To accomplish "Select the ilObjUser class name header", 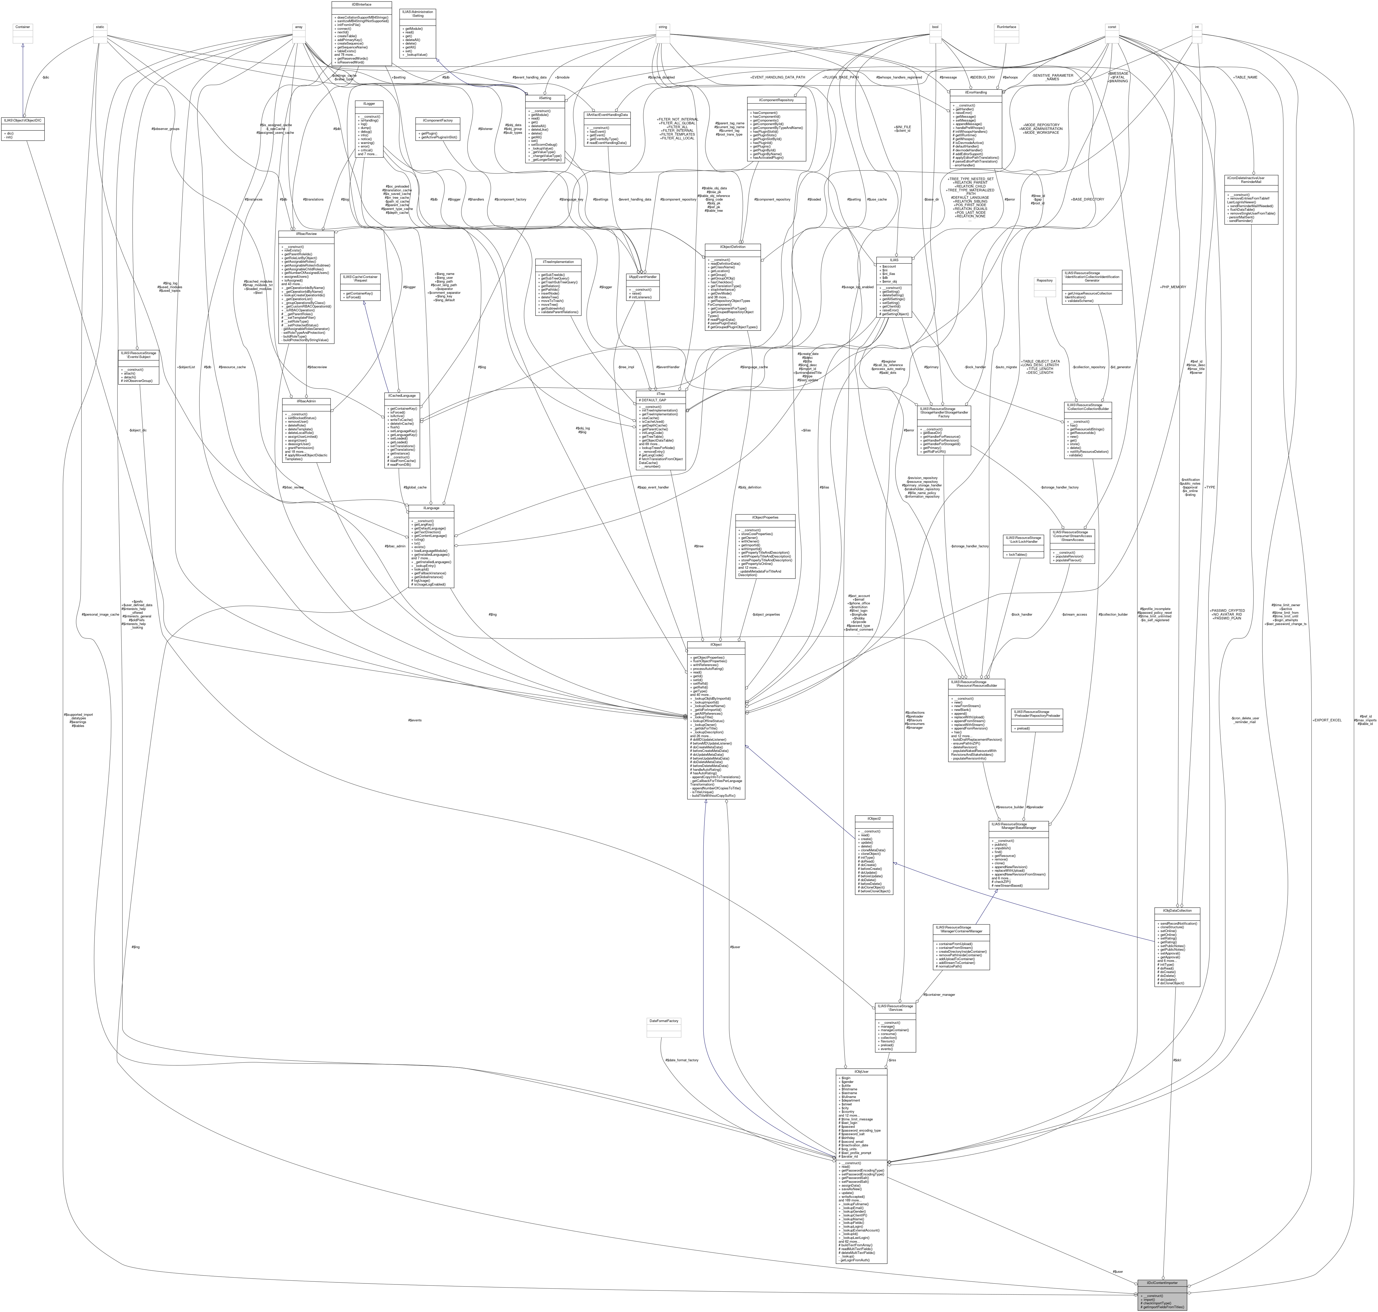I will pos(861,1071).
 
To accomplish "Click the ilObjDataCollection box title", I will pos(1177,911).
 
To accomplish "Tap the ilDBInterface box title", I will pos(361,4).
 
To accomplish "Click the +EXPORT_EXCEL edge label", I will pos(1326,720).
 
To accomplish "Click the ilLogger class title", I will pos(369,103).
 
